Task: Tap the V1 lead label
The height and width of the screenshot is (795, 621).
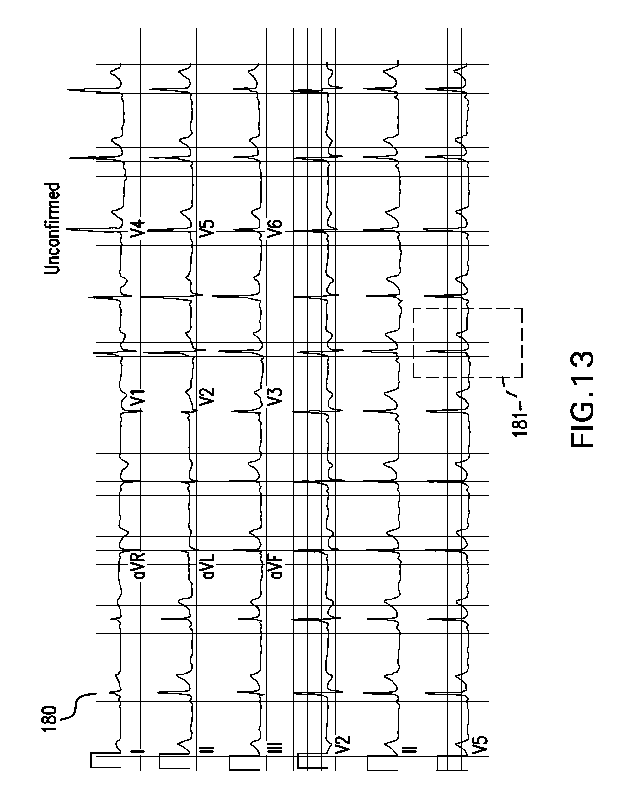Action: [x=138, y=399]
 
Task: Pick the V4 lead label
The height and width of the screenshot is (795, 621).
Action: [x=139, y=230]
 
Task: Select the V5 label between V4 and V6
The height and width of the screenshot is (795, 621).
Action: [x=207, y=229]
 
